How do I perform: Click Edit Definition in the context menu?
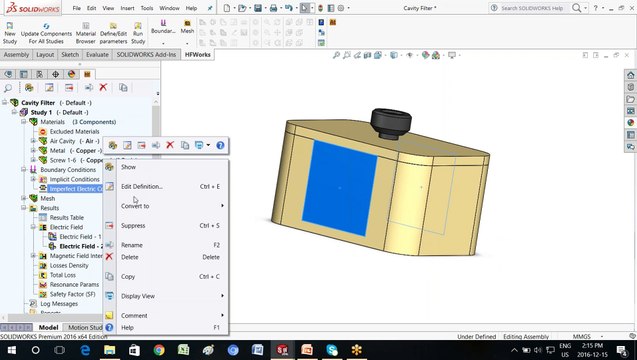[x=142, y=186]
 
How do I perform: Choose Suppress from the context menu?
[x=134, y=225]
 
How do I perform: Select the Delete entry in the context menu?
[x=130, y=257]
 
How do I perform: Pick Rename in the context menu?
[x=132, y=245]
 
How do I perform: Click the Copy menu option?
[x=128, y=276]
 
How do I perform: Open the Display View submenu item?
[x=138, y=296]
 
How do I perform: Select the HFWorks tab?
[x=198, y=54]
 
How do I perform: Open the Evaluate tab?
[x=97, y=54]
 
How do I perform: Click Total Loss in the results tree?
[x=63, y=274]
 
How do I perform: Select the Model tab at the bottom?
[x=48, y=327]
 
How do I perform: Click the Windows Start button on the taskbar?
[x=10, y=349]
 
